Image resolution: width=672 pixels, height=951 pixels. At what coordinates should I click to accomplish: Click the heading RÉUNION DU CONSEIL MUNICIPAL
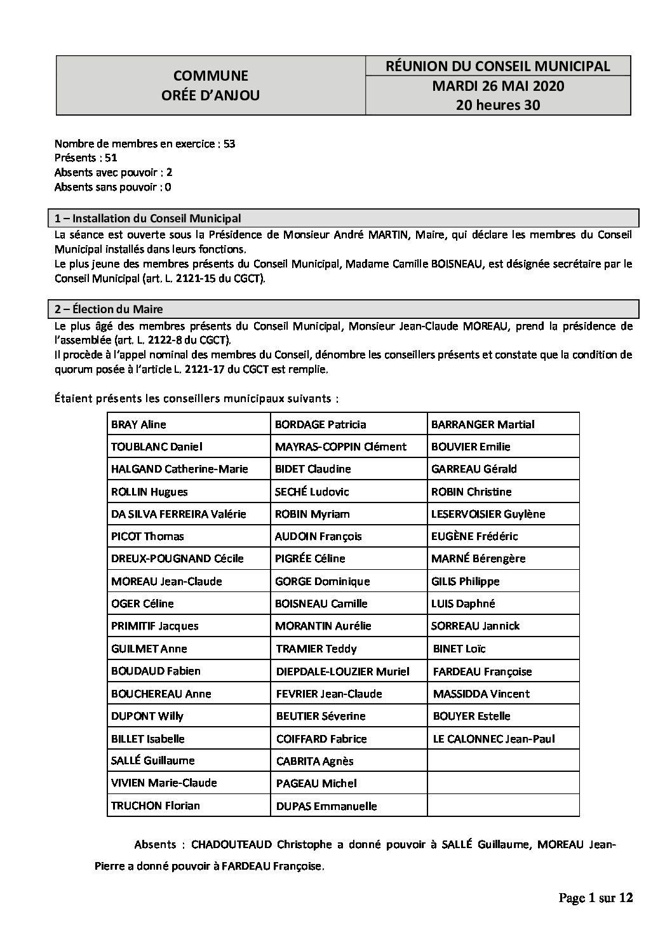(x=498, y=66)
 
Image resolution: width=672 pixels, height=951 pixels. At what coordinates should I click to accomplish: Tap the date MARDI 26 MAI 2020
(x=498, y=86)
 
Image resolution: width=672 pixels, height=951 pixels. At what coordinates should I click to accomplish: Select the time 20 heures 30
(x=498, y=105)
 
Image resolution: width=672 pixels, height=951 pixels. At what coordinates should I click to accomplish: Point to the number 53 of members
(x=229, y=144)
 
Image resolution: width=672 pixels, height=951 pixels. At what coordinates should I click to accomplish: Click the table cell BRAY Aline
(x=138, y=424)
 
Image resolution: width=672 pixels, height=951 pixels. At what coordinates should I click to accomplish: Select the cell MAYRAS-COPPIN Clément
(x=340, y=447)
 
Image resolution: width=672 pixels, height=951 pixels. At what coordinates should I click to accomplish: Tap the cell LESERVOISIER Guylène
(x=488, y=514)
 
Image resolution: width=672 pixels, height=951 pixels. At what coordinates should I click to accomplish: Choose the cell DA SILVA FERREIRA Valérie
(x=178, y=514)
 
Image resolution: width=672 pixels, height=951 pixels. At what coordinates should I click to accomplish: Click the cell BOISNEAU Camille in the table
(x=321, y=604)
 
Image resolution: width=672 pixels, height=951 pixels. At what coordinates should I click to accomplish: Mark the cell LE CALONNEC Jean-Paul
(x=494, y=739)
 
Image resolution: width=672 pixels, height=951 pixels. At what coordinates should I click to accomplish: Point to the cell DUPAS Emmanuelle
(x=326, y=806)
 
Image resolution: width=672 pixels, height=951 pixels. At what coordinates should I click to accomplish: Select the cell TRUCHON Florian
(x=156, y=806)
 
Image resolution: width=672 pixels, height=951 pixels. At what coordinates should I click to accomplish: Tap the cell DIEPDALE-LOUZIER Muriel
(x=343, y=671)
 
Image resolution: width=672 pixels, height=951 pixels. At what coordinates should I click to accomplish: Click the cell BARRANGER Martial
(x=483, y=424)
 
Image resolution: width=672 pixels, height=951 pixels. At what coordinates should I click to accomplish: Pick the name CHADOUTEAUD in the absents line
(x=231, y=844)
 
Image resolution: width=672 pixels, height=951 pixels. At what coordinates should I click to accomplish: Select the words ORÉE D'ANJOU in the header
(x=211, y=95)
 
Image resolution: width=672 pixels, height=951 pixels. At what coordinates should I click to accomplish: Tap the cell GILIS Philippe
(x=465, y=581)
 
